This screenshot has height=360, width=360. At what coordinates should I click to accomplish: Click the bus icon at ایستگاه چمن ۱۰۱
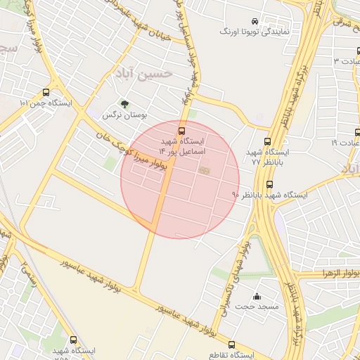pyautogui.click(x=46, y=92)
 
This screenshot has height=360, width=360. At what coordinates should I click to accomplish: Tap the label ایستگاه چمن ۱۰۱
pyautogui.click(x=46, y=103)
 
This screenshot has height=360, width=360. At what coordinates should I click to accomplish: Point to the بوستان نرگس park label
pyautogui.click(x=123, y=114)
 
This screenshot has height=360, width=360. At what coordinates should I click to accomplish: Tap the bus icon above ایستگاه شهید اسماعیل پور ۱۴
pyautogui.click(x=181, y=130)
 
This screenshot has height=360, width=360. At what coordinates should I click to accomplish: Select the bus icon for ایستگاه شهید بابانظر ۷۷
pyautogui.click(x=266, y=141)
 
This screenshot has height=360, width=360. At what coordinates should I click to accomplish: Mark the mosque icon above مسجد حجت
pyautogui.click(x=257, y=296)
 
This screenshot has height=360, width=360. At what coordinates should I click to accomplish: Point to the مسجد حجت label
pyautogui.click(x=257, y=307)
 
